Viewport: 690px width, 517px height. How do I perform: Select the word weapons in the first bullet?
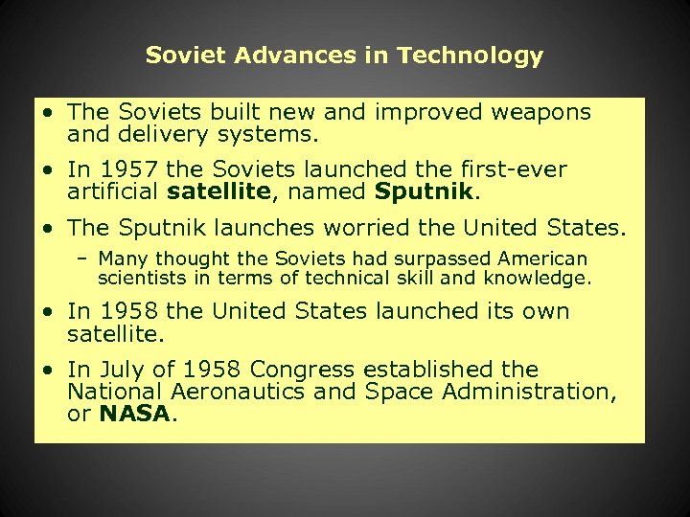point(541,112)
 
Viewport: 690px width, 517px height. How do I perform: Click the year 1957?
point(126,170)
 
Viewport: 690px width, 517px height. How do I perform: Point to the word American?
point(537,258)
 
